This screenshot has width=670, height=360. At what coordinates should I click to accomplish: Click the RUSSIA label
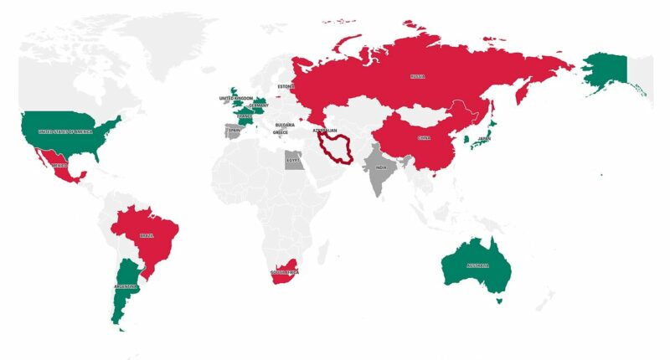(417, 76)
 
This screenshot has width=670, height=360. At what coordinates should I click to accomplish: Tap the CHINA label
(424, 138)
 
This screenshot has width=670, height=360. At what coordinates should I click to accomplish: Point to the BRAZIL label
(147, 236)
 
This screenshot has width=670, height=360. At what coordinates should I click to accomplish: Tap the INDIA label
(382, 167)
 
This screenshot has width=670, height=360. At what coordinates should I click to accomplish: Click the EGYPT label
(293, 160)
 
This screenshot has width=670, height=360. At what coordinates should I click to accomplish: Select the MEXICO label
(59, 166)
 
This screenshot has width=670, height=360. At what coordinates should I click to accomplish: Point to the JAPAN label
(483, 140)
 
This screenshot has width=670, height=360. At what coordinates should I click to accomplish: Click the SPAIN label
(234, 131)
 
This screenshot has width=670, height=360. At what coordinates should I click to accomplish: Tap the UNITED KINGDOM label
(235, 99)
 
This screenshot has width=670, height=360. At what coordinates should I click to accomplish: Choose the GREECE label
(281, 133)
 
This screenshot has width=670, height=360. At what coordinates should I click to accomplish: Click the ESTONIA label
(286, 86)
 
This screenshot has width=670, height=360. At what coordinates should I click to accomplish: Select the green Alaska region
(605, 71)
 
